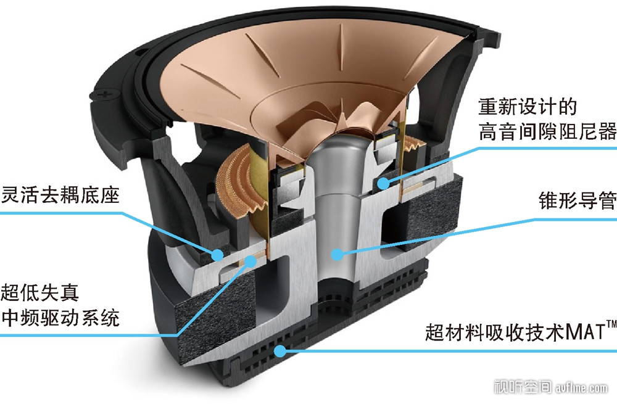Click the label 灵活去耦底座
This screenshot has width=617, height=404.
pyautogui.click(x=60, y=195)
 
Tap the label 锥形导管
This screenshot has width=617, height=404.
pyautogui.click(x=578, y=200)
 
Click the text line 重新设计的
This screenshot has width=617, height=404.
pyautogui.click(x=528, y=107)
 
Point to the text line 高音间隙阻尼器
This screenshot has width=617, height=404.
pyautogui.click(x=547, y=131)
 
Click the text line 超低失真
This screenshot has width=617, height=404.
pyautogui.click(x=40, y=292)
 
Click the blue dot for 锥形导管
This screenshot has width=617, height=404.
pyautogui.click(x=337, y=255)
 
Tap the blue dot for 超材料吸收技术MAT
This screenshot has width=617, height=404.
pyautogui.click(x=280, y=350)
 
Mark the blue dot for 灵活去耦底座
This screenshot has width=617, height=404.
pyautogui.click(x=217, y=255)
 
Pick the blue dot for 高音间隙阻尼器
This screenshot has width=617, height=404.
pyautogui.click(x=384, y=183)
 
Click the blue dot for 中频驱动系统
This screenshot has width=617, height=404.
pyautogui.click(x=250, y=260)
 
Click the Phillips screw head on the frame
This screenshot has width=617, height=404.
pyautogui.click(x=105, y=94)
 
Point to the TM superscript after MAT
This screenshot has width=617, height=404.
pyautogui.click(x=611, y=324)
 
